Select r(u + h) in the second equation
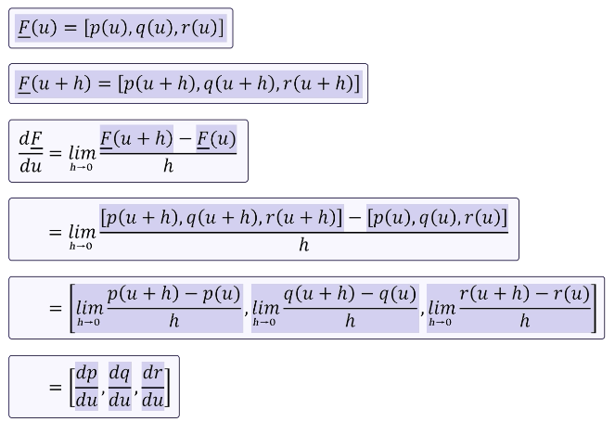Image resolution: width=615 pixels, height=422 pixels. click(319, 84)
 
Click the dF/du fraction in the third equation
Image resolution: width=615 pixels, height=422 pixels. click(31, 152)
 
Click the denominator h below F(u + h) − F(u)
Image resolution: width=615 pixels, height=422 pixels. click(168, 167)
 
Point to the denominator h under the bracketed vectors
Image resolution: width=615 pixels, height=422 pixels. click(303, 246)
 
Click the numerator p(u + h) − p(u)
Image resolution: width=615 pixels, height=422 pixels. click(173, 294)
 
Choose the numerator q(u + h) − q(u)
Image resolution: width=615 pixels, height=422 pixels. click(350, 294)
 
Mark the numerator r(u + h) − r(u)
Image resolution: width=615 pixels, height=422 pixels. click(524, 294)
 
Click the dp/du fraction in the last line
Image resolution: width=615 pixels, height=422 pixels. click(86, 387)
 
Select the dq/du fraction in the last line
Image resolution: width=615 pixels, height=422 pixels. click(120, 387)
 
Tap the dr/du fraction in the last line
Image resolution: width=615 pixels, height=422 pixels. click(153, 387)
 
